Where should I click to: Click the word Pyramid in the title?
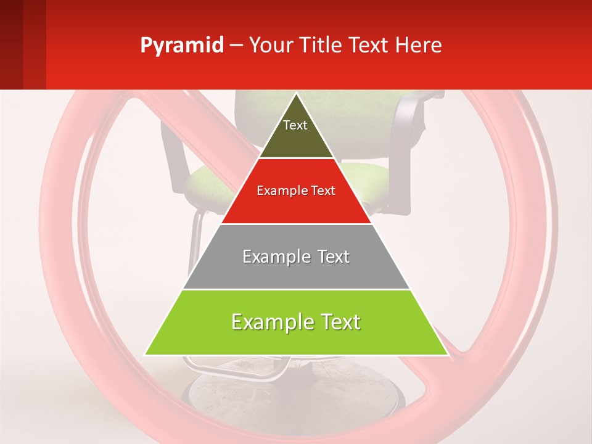coord(181,45)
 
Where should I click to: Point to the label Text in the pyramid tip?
coord(295,125)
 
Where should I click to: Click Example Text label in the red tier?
coord(296,191)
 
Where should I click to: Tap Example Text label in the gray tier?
coord(296,257)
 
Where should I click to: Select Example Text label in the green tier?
coord(296,322)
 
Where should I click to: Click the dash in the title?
coord(236,46)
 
